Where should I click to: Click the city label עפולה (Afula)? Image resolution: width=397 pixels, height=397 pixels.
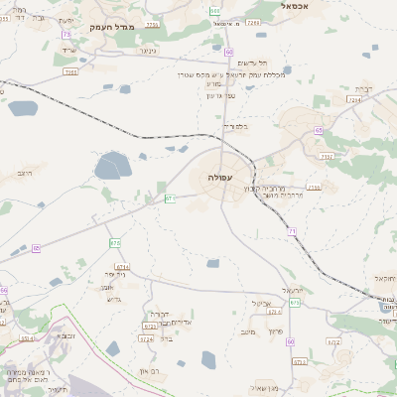(220, 176)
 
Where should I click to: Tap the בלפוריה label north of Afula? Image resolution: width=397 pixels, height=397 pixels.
(235, 127)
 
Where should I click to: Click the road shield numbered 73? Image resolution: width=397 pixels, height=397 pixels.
(66, 35)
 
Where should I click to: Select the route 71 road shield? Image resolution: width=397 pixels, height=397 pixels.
(293, 230)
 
